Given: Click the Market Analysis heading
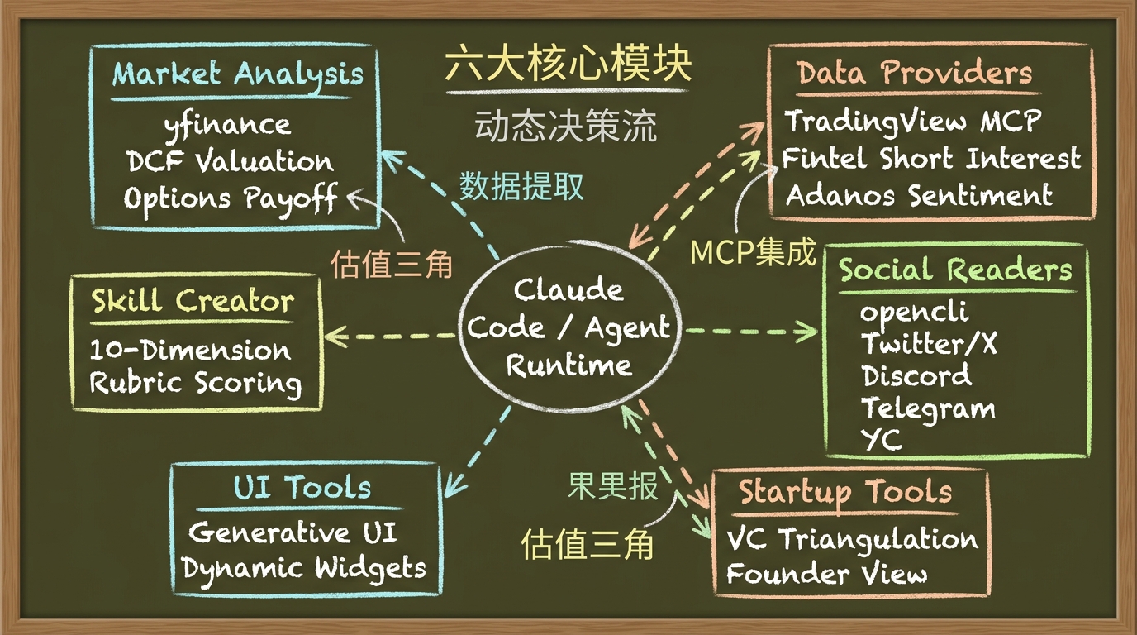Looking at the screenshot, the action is coord(237,75).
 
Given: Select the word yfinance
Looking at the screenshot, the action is coord(227,126).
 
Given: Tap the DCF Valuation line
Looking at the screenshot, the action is coord(230,161).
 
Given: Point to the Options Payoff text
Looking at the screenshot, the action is coord(231,198).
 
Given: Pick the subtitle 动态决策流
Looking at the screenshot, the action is coord(566,126).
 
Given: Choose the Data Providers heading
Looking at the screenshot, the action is coord(914,73).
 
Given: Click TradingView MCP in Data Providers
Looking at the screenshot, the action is coord(912,122).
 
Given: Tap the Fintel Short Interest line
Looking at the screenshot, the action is coord(931,159).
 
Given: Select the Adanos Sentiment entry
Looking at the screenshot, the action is coord(919,196).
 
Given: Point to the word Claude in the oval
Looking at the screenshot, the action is coord(568,289).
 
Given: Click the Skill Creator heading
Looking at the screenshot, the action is coord(193,301).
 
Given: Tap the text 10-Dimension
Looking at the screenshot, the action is coord(190,351).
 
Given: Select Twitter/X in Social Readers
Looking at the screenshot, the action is coord(929,343).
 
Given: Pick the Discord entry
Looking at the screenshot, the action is coord(916,376).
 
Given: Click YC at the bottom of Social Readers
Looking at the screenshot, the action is coord(882,440).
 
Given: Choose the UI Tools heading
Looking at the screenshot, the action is coord(302,488).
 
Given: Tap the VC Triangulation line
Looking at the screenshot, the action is coord(852,539).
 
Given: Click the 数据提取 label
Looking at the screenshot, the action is coord(521,186).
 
